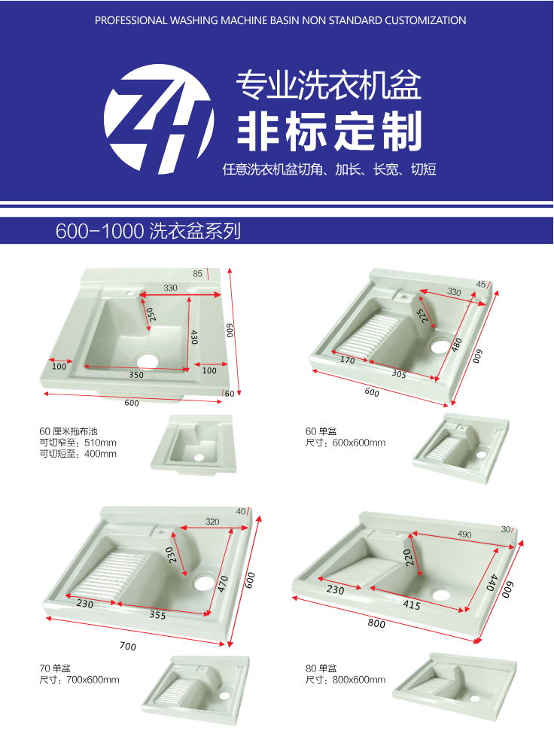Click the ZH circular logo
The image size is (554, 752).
click(x=159, y=119)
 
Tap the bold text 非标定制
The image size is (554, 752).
click(x=330, y=130)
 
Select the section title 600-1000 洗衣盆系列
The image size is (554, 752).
click(x=148, y=230)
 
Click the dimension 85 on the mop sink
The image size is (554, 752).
click(x=198, y=273)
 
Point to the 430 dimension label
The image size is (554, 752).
click(x=193, y=336)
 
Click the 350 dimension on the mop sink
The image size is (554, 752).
click(x=136, y=375)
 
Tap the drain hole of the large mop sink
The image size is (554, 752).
click(x=148, y=361)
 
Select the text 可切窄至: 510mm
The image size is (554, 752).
click(x=78, y=442)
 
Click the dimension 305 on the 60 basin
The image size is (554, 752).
click(x=399, y=373)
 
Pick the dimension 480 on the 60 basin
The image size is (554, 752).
click(x=457, y=344)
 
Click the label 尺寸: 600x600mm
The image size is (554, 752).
click(x=345, y=442)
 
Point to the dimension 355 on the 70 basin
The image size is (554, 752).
click(x=157, y=614)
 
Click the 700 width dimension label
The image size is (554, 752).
click(x=128, y=646)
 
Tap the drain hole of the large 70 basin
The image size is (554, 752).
click(x=205, y=582)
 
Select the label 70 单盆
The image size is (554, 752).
click(x=55, y=668)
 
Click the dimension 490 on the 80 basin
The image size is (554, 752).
click(x=464, y=534)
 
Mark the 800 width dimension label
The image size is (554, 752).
click(x=376, y=623)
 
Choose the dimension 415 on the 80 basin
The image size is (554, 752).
click(x=412, y=604)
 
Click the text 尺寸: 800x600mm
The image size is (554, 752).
click(x=345, y=679)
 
